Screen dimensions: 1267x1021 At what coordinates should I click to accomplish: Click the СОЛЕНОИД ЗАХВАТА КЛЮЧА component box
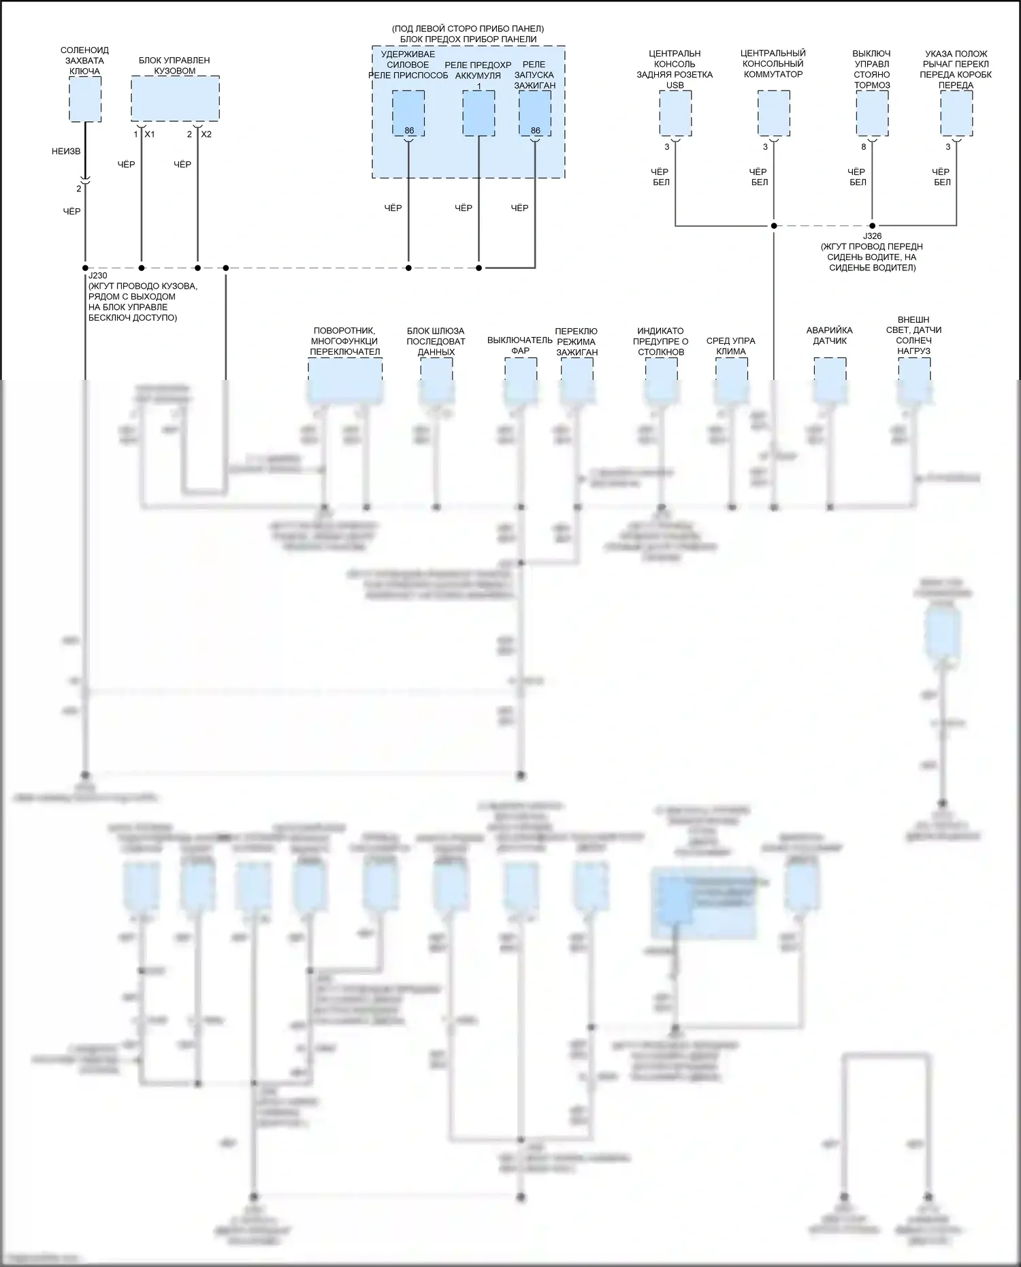pyautogui.click(x=85, y=99)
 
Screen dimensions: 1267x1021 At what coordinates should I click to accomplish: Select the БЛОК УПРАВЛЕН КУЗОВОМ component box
pyautogui.click(x=175, y=98)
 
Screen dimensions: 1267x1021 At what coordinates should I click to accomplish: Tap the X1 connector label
pyautogui.click(x=150, y=135)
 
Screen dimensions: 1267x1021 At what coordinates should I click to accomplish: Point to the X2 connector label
pyautogui.click(x=206, y=135)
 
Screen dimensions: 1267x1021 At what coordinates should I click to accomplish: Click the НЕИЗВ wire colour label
pyautogui.click(x=66, y=151)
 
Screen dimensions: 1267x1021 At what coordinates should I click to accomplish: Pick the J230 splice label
pyautogui.click(x=98, y=276)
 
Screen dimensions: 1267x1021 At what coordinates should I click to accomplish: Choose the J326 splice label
pyautogui.click(x=872, y=236)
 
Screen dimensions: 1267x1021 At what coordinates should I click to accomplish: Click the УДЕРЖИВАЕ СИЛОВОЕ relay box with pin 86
pyautogui.click(x=408, y=113)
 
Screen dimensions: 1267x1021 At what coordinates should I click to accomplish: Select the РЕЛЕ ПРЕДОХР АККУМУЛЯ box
pyautogui.click(x=479, y=113)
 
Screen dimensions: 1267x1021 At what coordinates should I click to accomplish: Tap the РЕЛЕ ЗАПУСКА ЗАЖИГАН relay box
pyautogui.click(x=535, y=113)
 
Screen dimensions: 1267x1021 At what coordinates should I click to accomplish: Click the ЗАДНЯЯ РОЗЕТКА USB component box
pyautogui.click(x=675, y=113)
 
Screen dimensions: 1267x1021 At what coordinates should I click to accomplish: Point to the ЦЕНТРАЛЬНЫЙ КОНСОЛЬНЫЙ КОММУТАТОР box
pyautogui.click(x=773, y=113)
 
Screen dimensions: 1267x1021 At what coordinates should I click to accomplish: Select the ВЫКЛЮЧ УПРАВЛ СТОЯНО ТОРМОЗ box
pyautogui.click(x=872, y=113)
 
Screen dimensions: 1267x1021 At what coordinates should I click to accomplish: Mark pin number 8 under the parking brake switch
pyautogui.click(x=864, y=147)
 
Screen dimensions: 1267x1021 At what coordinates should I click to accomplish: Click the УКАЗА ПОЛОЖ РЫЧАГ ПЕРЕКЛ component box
pyautogui.click(x=956, y=113)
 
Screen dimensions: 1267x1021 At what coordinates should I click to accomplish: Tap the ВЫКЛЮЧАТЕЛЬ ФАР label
pyautogui.click(x=520, y=345)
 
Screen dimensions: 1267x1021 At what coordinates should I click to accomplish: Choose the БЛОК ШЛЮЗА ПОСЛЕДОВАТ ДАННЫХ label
pyautogui.click(x=436, y=341)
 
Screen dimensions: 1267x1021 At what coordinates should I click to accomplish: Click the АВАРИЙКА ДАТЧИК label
pyautogui.click(x=830, y=336)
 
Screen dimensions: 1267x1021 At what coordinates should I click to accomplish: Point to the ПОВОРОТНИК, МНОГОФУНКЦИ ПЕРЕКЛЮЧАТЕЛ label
pyautogui.click(x=344, y=341)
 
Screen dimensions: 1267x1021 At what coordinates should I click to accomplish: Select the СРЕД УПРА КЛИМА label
pyautogui.click(x=731, y=346)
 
